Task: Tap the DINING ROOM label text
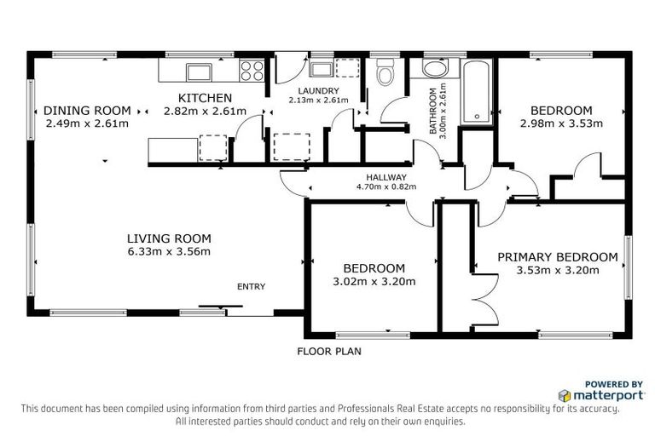(87, 111)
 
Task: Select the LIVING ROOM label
(169, 238)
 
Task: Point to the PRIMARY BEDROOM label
(557, 257)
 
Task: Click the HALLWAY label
(379, 177)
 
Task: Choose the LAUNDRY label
(318, 91)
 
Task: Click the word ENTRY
(252, 286)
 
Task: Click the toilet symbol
(385, 75)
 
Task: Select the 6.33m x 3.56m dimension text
(169, 251)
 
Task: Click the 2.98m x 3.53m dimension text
(560, 123)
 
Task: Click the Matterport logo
(588, 396)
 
